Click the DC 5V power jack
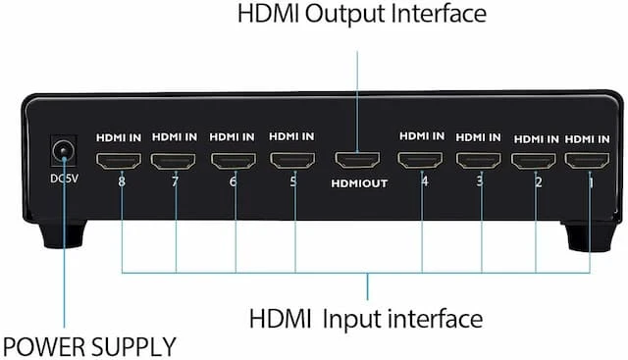tap(64, 151)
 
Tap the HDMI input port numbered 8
tap(119, 161)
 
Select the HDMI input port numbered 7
tap(174, 161)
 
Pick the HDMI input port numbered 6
tap(234, 161)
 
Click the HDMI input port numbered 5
tap(292, 160)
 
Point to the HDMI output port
tap(357, 159)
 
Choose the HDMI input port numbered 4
tap(420, 160)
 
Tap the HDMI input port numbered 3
tap(479, 161)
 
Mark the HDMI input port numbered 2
tap(534, 161)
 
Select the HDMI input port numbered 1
tap(587, 161)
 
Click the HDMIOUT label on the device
tap(359, 183)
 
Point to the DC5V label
tap(64, 179)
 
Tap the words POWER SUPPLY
tap(89, 347)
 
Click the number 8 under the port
tap(122, 181)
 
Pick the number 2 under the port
tap(539, 182)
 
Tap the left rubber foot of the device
tap(63, 233)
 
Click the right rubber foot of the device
tap(591, 236)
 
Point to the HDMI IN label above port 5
tap(291, 136)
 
